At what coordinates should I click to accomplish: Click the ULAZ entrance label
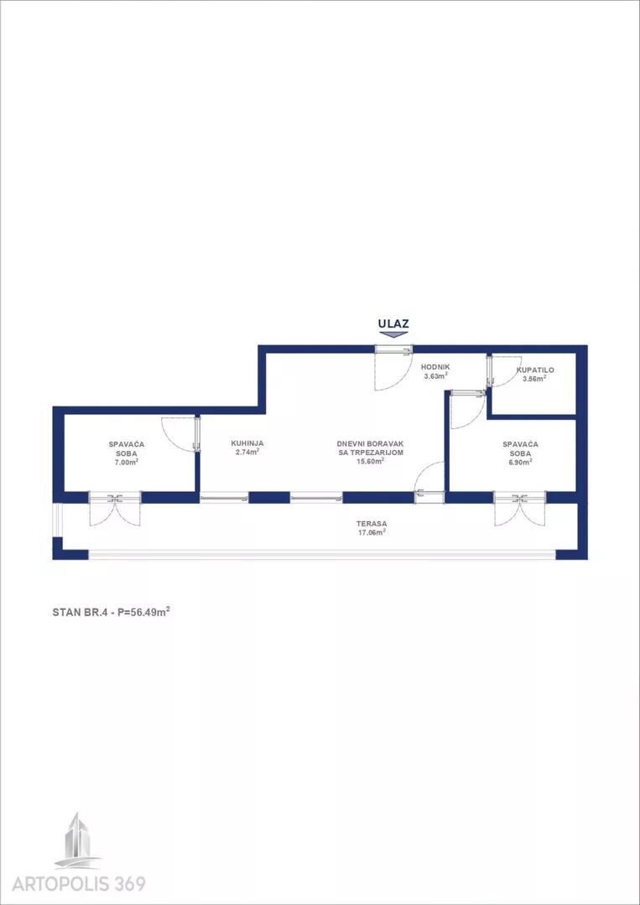pos(393,323)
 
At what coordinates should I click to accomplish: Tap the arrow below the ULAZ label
pos(393,334)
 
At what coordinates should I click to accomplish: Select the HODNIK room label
pos(435,367)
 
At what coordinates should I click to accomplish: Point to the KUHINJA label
pos(247,443)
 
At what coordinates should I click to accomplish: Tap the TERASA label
pos(371,524)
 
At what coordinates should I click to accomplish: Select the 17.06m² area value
pos(371,533)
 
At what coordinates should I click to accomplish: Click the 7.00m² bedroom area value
pos(126,462)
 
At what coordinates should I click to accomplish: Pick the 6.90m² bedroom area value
pos(520,462)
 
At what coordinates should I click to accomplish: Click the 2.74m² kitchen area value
pos(247,452)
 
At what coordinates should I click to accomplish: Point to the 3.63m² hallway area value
pos(435,375)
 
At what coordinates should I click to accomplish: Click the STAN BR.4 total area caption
pos(111,612)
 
